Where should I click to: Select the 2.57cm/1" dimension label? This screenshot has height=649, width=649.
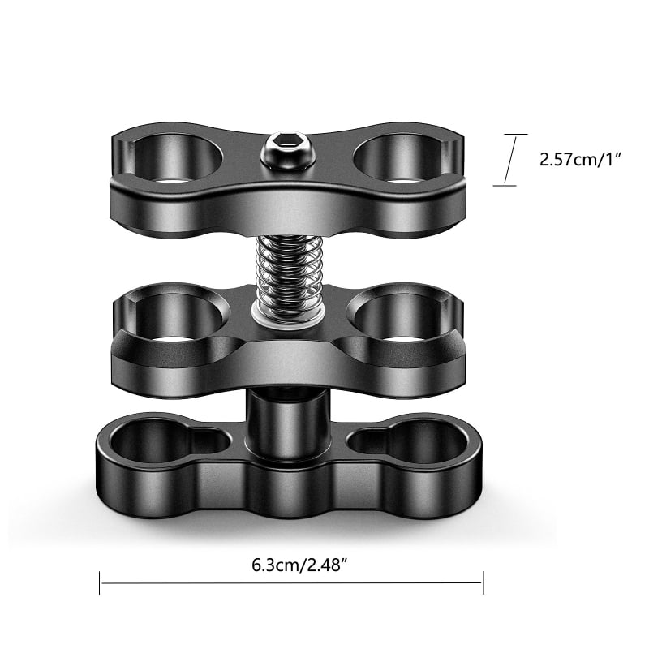(580, 159)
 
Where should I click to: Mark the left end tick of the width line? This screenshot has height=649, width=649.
(100, 582)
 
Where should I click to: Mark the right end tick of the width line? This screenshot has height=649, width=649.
(484, 582)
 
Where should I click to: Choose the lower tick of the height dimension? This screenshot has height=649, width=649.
(505, 186)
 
